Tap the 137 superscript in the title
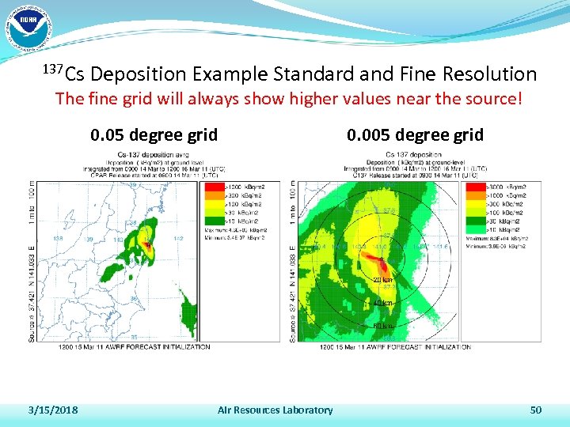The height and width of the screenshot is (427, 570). coord(51,69)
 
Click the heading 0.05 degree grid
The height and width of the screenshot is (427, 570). coord(154,134)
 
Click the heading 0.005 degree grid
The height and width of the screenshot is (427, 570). coord(415,134)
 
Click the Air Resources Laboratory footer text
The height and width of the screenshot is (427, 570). coord(275,410)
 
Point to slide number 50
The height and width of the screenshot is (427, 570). coord(536,410)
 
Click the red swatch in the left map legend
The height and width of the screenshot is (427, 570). coord(215,186)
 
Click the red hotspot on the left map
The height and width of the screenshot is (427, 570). coord(147,245)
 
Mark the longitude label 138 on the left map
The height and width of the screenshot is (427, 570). coord(57,237)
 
